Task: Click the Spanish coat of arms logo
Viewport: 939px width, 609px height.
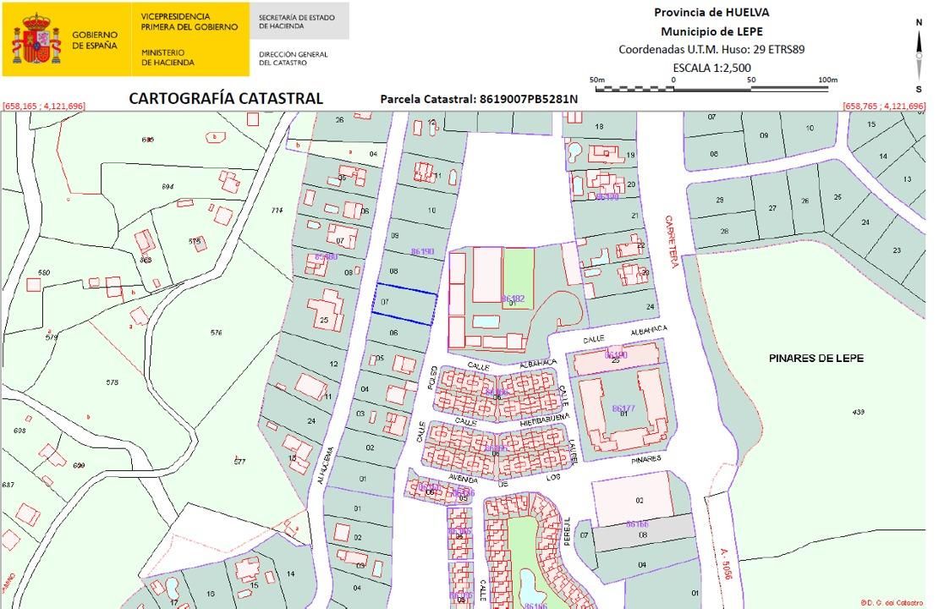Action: pyautogui.click(x=36, y=39)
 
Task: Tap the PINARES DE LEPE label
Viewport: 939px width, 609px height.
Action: pyautogui.click(x=815, y=359)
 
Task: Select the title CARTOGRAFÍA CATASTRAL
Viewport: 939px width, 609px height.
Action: pyautogui.click(x=226, y=98)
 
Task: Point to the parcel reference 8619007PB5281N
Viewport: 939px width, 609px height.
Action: pyautogui.click(x=479, y=99)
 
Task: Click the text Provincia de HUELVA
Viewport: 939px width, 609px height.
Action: pyautogui.click(x=711, y=13)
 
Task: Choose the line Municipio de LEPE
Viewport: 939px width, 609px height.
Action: pyautogui.click(x=711, y=31)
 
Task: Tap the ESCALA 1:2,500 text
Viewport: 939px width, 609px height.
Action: pyautogui.click(x=711, y=68)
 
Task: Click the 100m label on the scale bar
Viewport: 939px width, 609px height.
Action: pyautogui.click(x=828, y=80)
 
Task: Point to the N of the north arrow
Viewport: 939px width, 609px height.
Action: pyautogui.click(x=919, y=23)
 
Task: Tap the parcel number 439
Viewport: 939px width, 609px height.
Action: pyautogui.click(x=859, y=412)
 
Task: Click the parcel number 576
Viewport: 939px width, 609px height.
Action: pyautogui.click(x=217, y=333)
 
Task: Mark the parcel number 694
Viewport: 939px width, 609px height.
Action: pyautogui.click(x=167, y=187)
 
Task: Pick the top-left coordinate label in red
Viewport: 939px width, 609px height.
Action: pyautogui.click(x=44, y=107)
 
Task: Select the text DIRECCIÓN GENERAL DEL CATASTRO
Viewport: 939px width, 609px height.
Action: pyautogui.click(x=293, y=58)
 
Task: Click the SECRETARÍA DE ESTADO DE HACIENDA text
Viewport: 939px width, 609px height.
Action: pyautogui.click(x=296, y=21)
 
